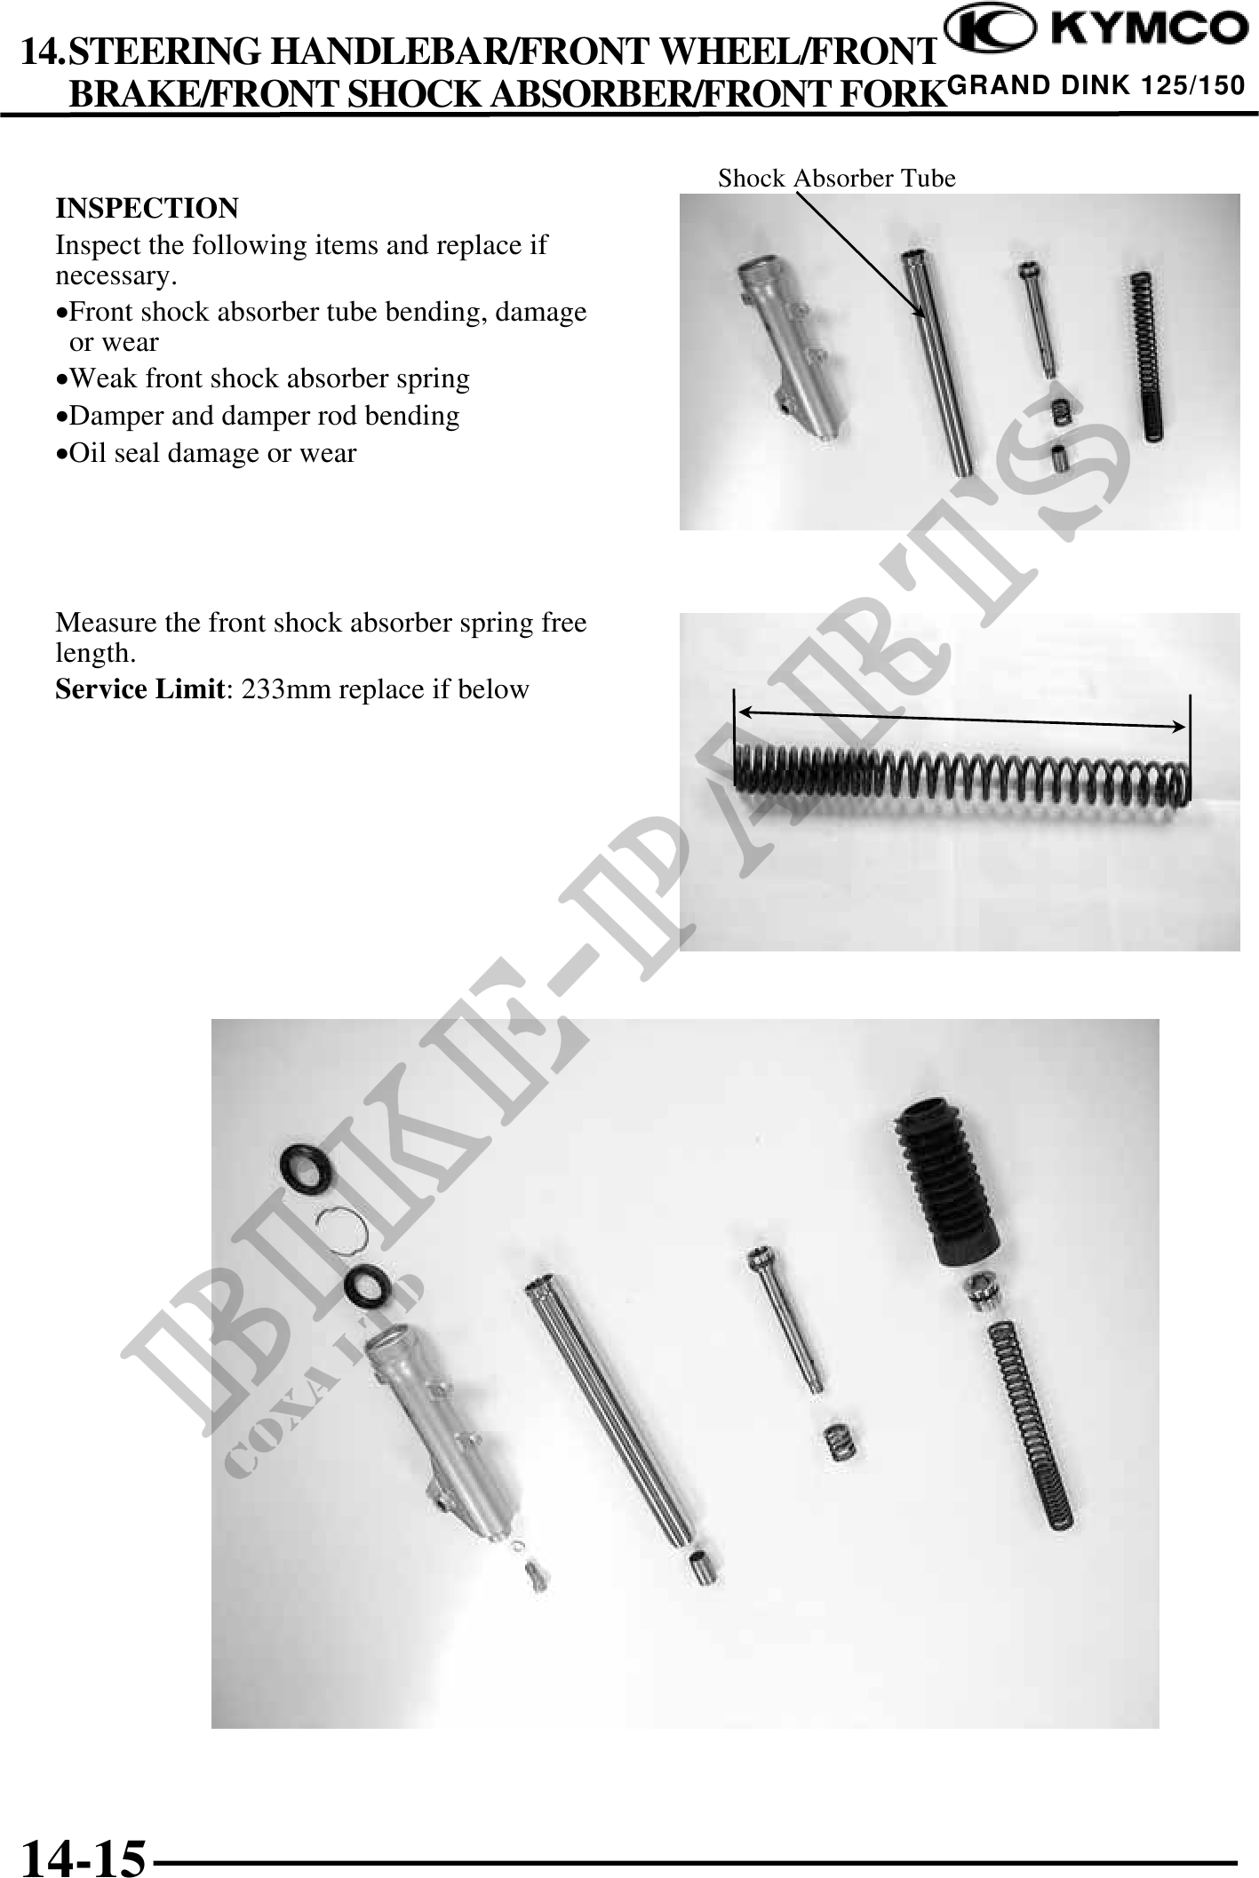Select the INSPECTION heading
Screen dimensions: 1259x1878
tap(147, 209)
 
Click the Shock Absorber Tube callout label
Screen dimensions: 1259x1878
tap(836, 179)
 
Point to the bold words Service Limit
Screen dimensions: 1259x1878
tap(138, 689)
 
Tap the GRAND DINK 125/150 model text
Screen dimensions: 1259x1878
tap(1096, 86)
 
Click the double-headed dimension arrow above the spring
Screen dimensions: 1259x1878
tap(962, 718)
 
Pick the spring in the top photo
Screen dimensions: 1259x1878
tap(1147, 355)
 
